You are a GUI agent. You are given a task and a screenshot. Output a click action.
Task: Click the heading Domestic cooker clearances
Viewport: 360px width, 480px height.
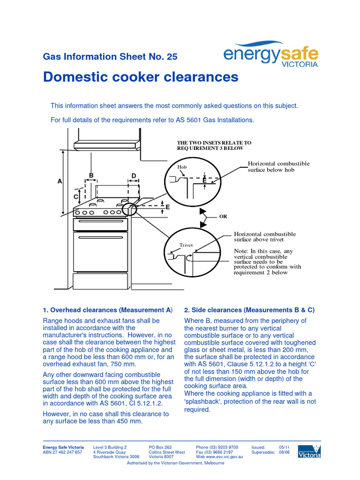tap(141, 77)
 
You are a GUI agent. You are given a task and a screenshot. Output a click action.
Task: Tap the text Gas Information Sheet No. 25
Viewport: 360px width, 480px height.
tap(110, 57)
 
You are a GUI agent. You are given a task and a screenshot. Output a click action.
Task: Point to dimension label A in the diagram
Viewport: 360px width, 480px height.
tap(60, 180)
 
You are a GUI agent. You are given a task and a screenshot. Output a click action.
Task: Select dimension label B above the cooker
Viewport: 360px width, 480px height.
tap(91, 175)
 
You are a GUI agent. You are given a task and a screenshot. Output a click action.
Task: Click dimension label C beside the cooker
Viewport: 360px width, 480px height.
tap(75, 197)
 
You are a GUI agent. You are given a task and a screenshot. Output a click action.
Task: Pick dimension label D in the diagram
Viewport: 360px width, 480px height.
tap(134, 176)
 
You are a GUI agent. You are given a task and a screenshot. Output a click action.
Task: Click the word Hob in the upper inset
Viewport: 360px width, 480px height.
tap(182, 167)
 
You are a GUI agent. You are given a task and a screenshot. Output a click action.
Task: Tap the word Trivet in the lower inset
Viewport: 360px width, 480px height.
tap(186, 245)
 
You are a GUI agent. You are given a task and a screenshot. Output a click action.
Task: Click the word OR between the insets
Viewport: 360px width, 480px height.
tap(223, 217)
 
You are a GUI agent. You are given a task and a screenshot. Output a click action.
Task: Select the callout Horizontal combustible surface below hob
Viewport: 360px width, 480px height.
tap(278, 166)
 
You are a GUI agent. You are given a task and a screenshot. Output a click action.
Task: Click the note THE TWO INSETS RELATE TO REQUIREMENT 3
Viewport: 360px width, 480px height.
tap(214, 145)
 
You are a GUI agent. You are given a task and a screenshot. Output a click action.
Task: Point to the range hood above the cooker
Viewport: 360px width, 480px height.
tap(107, 145)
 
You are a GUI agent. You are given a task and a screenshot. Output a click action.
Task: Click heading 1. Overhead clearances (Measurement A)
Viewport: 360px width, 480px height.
tap(108, 310)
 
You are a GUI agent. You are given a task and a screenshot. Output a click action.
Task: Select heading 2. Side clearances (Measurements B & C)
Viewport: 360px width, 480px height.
tap(249, 310)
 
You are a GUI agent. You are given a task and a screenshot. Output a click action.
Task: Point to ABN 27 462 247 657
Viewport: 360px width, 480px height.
tap(62, 452)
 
